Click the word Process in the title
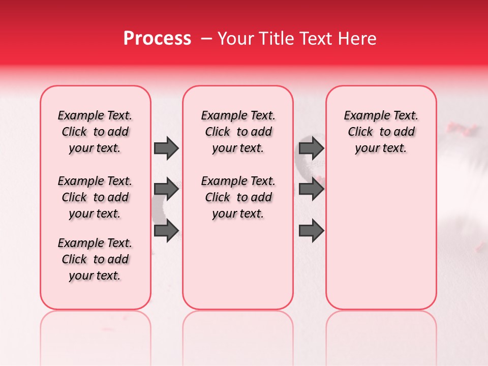click(x=157, y=39)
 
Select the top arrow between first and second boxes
click(x=166, y=148)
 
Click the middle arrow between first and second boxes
click(x=166, y=190)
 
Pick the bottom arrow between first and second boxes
click(x=166, y=230)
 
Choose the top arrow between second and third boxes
click(x=312, y=148)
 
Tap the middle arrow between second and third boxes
click(x=312, y=190)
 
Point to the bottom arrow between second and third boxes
click(x=312, y=230)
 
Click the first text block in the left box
click(x=95, y=132)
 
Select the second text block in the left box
click(x=95, y=197)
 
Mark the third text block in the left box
click(x=95, y=259)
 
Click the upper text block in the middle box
click(x=238, y=132)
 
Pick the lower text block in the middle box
click(x=238, y=197)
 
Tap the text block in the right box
click(x=381, y=132)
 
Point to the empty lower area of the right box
click(x=381, y=239)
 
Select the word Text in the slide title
click(x=311, y=39)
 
